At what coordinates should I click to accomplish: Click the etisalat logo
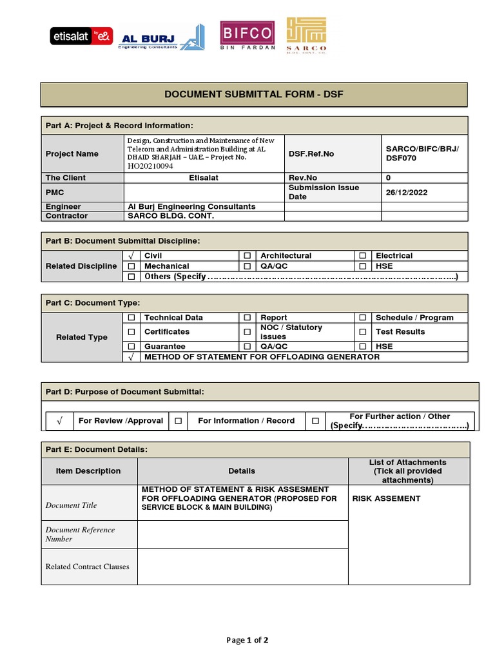coord(82,36)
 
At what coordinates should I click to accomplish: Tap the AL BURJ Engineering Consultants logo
coord(162,38)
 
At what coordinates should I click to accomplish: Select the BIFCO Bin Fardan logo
coord(247,35)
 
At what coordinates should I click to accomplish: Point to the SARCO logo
coord(306,35)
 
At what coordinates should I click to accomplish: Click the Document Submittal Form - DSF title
coord(254,94)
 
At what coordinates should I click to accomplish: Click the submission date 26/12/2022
coord(406,192)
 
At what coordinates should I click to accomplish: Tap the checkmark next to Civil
coord(131,256)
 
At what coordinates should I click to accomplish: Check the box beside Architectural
coord(247,256)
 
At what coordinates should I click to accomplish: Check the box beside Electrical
coord(362,256)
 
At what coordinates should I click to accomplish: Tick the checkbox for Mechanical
coord(131,266)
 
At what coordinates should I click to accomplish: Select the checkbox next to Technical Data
coord(131,318)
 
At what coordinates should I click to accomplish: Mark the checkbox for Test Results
coord(362,332)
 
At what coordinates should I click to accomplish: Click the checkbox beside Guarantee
coord(131,347)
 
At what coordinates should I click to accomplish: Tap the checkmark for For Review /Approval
coord(59,421)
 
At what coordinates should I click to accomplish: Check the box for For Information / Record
coord(178,421)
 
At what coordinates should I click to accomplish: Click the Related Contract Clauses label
coord(87,567)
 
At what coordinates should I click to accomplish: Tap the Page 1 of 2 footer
coord(247,640)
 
